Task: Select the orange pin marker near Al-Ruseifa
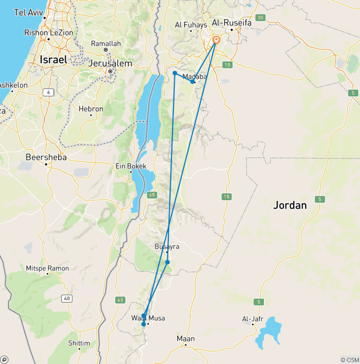(x=216, y=40)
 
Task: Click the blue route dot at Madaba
(x=193, y=82)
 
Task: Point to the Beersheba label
(x=46, y=157)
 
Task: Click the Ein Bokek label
(x=131, y=166)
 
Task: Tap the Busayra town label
(x=167, y=246)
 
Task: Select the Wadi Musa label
(x=148, y=318)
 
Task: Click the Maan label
(x=186, y=339)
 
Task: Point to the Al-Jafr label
(x=252, y=319)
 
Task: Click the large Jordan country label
(x=290, y=205)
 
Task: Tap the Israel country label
(x=53, y=60)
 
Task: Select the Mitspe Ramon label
(x=48, y=268)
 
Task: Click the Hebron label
(x=90, y=109)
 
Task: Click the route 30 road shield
(x=261, y=18)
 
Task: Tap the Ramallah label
(x=106, y=44)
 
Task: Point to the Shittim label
(x=79, y=343)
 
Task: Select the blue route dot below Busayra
(x=167, y=262)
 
